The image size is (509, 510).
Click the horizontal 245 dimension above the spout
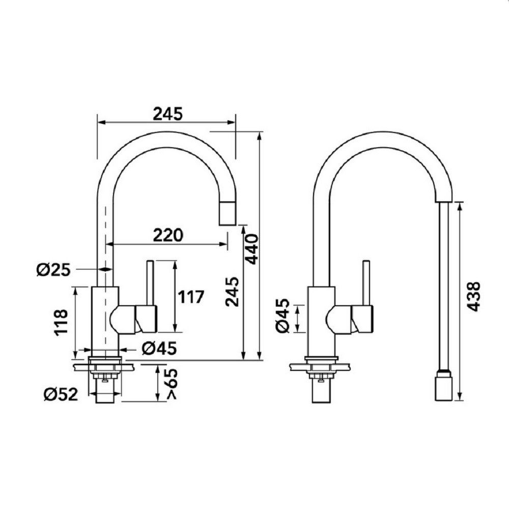pos(168,114)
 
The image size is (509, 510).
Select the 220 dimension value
pos(168,235)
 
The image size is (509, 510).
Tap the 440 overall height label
pos(252,249)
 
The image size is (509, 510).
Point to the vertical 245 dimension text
pos(232,292)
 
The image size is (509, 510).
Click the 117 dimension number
pos(191,297)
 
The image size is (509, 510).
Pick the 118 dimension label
pos(61,323)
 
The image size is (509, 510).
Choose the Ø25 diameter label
pos(53,270)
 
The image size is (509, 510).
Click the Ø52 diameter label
pos(61,394)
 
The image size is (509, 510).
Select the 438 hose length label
pos(473,297)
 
